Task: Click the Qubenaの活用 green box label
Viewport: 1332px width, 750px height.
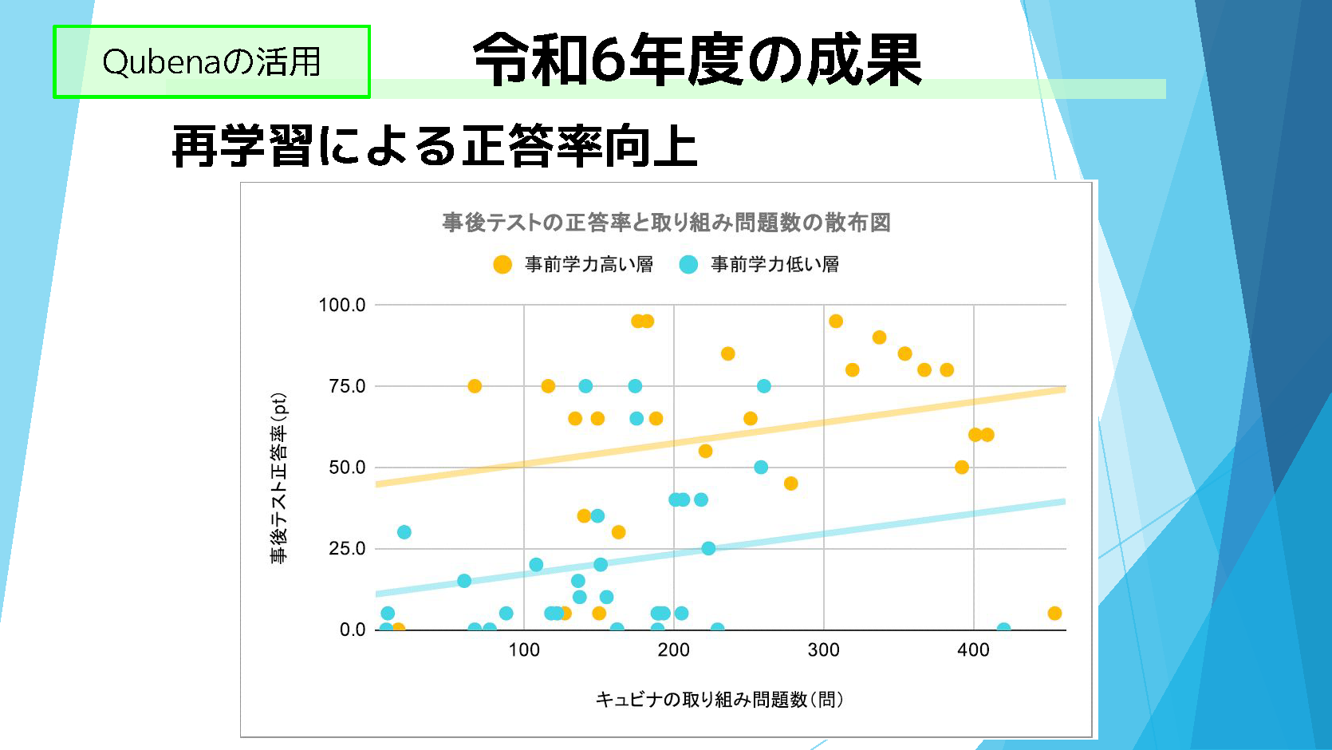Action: click(x=211, y=62)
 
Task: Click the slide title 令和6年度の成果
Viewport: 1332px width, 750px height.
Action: click(x=697, y=61)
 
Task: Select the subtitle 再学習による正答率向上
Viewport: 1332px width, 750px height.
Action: click(x=435, y=147)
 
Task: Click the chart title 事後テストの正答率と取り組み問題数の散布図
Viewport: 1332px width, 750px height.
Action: click(x=666, y=223)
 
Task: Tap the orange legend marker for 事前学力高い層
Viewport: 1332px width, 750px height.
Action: click(x=502, y=265)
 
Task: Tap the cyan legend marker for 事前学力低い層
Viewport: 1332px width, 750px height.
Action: click(x=688, y=265)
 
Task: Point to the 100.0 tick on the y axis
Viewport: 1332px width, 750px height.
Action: click(x=342, y=305)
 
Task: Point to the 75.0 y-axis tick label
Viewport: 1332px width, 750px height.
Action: click(x=347, y=386)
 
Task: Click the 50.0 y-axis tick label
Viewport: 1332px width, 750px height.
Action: click(x=347, y=468)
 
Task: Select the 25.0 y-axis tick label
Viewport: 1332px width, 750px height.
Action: click(x=347, y=549)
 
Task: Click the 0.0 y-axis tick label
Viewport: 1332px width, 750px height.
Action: click(x=353, y=630)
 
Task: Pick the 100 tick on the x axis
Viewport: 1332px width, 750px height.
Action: click(x=524, y=650)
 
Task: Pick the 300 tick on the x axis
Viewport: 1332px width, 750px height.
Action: click(x=823, y=650)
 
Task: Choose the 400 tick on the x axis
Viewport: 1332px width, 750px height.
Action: click(x=973, y=650)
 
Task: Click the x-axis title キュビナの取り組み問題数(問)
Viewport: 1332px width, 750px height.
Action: click(x=719, y=700)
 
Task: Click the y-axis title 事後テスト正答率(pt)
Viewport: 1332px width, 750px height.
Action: click(x=279, y=479)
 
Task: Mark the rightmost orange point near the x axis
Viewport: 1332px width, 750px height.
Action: click(x=1054, y=614)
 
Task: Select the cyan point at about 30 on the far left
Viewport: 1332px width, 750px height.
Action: click(x=404, y=532)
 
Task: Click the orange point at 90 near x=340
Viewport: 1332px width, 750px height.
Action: click(x=879, y=337)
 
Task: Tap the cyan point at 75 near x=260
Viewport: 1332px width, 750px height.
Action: click(x=764, y=386)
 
